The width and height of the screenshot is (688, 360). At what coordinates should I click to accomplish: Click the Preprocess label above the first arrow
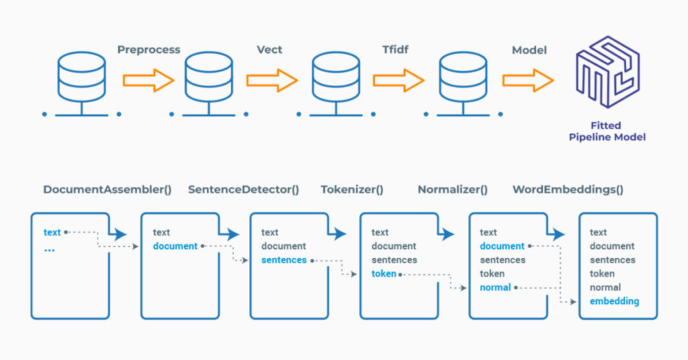(x=148, y=50)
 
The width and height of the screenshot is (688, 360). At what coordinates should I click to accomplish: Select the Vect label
(x=269, y=50)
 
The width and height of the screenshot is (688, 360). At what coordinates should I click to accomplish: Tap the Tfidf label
(x=396, y=50)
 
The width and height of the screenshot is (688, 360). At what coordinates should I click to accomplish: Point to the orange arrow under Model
(x=527, y=81)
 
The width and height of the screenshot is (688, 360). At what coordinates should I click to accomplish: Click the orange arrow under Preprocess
(x=148, y=81)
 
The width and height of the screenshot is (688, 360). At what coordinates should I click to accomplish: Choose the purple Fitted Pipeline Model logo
(x=606, y=73)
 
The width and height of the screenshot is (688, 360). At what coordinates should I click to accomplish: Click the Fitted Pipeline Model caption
(x=606, y=131)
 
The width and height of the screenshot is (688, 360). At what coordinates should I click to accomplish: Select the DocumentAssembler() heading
(x=107, y=189)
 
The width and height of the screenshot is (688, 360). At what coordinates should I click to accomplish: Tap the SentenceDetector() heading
(x=243, y=189)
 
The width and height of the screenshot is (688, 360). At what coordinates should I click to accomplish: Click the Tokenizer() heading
(x=351, y=189)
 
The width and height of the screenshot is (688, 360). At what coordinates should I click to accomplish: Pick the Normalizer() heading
(x=453, y=189)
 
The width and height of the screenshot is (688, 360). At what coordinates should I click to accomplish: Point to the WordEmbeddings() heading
(x=568, y=189)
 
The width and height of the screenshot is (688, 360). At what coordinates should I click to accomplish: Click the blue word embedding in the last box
(x=614, y=302)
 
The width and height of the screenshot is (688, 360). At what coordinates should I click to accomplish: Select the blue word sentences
(x=284, y=260)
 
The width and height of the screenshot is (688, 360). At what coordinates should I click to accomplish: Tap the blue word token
(x=384, y=274)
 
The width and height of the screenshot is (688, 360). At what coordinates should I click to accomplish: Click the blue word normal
(x=495, y=287)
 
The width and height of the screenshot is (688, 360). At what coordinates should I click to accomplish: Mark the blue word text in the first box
(x=52, y=232)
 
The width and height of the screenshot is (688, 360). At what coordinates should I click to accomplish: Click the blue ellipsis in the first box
(x=49, y=249)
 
